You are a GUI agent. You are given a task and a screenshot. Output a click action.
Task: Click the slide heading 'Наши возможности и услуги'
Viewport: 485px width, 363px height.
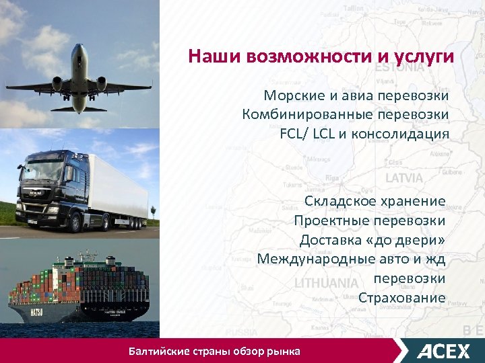(x=321, y=56)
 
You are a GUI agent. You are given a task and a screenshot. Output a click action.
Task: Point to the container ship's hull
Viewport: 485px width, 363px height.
(x=74, y=311)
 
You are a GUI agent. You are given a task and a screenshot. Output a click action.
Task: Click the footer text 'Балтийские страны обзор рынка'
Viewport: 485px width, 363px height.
(x=215, y=351)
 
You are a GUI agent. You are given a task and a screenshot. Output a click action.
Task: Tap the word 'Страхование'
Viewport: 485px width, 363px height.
(x=401, y=298)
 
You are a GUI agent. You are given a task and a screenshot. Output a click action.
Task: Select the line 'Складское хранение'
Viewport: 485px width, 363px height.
(x=375, y=201)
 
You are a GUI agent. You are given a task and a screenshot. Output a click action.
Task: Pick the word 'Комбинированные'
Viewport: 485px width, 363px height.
(x=303, y=114)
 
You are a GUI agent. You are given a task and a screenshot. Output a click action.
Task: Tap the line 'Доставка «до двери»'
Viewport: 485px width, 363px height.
(x=373, y=239)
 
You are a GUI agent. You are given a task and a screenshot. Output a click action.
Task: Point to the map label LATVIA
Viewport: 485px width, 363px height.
(x=404, y=179)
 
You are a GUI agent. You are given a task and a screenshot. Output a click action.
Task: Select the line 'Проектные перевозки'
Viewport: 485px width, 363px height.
(x=369, y=220)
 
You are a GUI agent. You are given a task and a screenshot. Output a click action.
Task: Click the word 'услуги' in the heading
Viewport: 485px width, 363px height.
(x=422, y=56)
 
